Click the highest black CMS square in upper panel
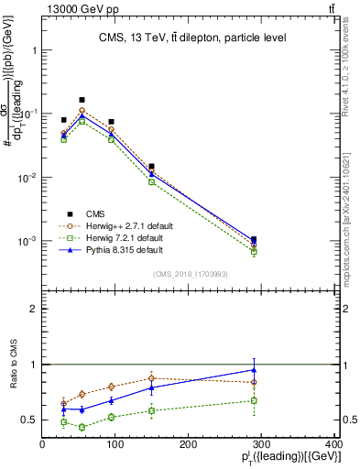82,100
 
